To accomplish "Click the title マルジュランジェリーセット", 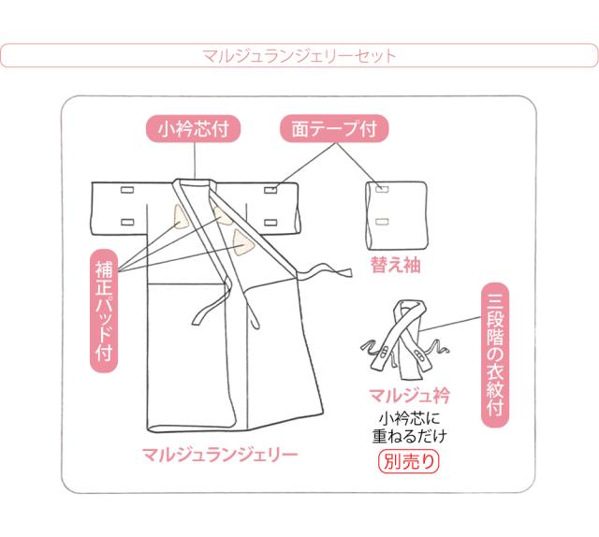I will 299,55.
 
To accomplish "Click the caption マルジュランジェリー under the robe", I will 220,457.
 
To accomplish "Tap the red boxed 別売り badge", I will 407,460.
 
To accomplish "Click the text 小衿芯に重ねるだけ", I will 406,426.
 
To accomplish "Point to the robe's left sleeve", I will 122,208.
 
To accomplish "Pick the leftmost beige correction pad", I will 177,216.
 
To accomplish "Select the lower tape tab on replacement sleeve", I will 380,221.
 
